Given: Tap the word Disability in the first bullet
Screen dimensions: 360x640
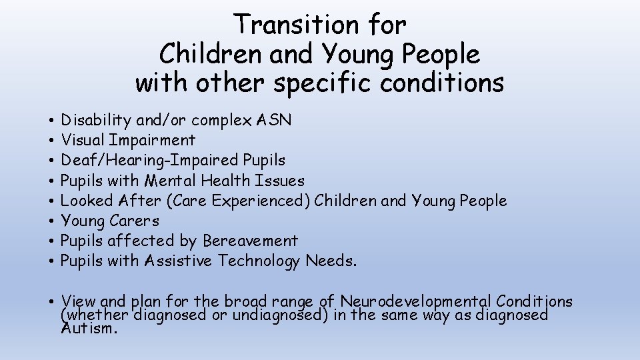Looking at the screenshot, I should tap(96, 121).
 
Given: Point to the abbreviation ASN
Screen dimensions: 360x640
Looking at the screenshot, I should tap(273, 121).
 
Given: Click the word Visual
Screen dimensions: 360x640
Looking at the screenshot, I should tap(83, 141).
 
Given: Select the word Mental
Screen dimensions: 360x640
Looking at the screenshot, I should tap(173, 181).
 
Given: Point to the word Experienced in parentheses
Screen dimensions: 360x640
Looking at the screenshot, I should tap(263, 201).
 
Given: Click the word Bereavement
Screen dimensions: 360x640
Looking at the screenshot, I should tap(250, 241).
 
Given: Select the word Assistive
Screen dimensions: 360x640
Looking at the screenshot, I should tap(180, 261).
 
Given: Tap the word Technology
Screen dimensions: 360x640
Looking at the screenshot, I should tap(259, 261).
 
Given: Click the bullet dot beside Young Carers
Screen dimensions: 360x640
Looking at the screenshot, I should tap(51, 221).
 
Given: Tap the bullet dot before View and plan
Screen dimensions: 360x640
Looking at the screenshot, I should tap(51, 302).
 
